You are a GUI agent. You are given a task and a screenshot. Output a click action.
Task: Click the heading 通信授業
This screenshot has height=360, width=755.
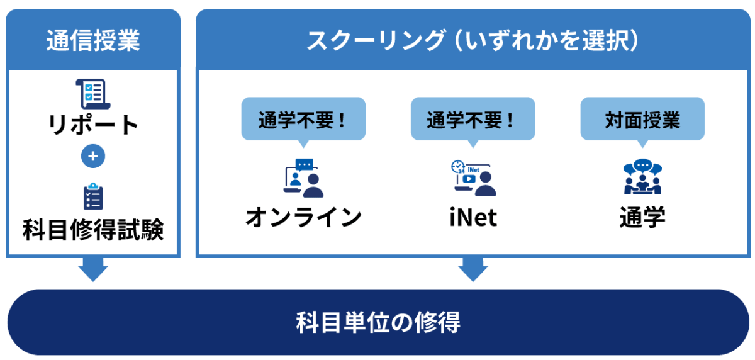click(93, 40)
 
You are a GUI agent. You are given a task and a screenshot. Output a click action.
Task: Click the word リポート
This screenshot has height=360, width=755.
click(93, 125)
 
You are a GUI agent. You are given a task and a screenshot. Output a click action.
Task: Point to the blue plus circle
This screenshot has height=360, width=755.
click(93, 157)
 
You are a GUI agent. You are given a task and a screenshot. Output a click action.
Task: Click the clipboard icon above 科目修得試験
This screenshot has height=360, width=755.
click(93, 196)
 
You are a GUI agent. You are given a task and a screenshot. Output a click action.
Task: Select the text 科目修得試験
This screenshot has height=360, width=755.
click(93, 230)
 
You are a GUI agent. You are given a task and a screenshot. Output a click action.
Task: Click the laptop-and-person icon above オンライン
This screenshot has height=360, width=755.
click(303, 177)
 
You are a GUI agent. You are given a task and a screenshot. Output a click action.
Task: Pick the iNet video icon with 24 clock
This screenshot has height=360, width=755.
click(473, 177)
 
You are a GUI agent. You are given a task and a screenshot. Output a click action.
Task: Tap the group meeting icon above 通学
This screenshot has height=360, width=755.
click(642, 177)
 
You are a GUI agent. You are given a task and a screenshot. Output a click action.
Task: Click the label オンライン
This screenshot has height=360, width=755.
click(303, 217)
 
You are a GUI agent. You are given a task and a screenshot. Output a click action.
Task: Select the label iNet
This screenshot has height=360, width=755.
click(473, 218)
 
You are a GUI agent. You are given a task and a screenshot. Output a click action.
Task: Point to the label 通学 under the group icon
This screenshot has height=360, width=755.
click(642, 217)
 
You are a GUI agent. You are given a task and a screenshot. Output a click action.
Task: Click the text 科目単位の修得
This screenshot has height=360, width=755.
click(377, 322)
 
